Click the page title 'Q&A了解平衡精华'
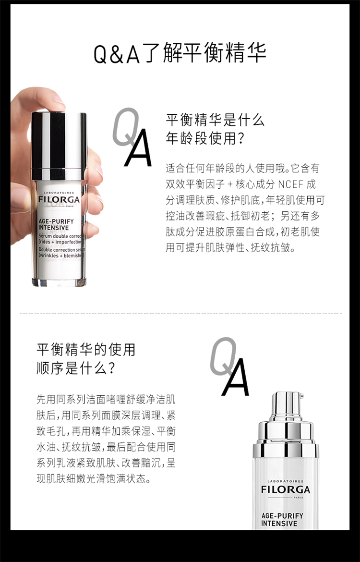pyautogui.click(x=180, y=53)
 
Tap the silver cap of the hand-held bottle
pyautogui.click(x=59, y=146)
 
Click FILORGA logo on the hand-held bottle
pyautogui.click(x=59, y=200)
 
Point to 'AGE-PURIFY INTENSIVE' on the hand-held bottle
pyautogui.click(x=56, y=224)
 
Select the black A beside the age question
pyautogui.click(x=138, y=147)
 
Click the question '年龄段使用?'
pyautogui.click(x=205, y=138)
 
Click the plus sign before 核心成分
pyautogui.click(x=230, y=184)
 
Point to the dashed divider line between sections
pyautogui.click(x=180, y=313)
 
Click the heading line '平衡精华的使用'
pyautogui.click(x=86, y=350)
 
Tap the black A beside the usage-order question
pyautogui.click(x=236, y=377)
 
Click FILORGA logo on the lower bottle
pyautogui.click(x=286, y=489)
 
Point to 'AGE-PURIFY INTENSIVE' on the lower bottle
pyautogui.click(x=282, y=519)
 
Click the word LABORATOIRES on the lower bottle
pyautogui.click(x=286, y=481)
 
